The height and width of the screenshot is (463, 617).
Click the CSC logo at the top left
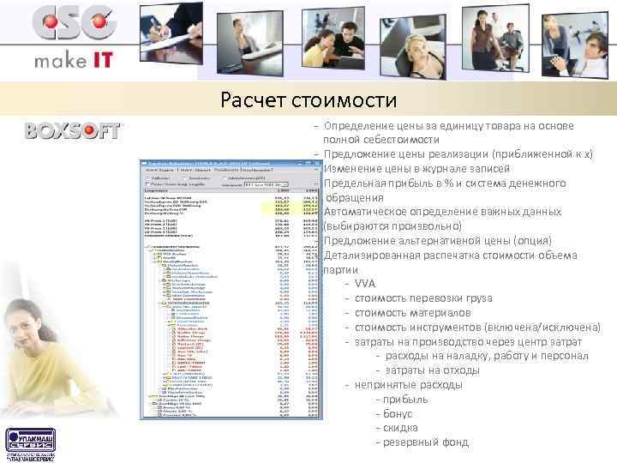click(74, 24)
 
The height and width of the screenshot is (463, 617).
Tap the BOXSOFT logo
click(75, 131)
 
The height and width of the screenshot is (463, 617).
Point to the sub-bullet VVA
click(364, 283)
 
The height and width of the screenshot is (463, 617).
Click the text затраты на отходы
click(429, 370)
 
